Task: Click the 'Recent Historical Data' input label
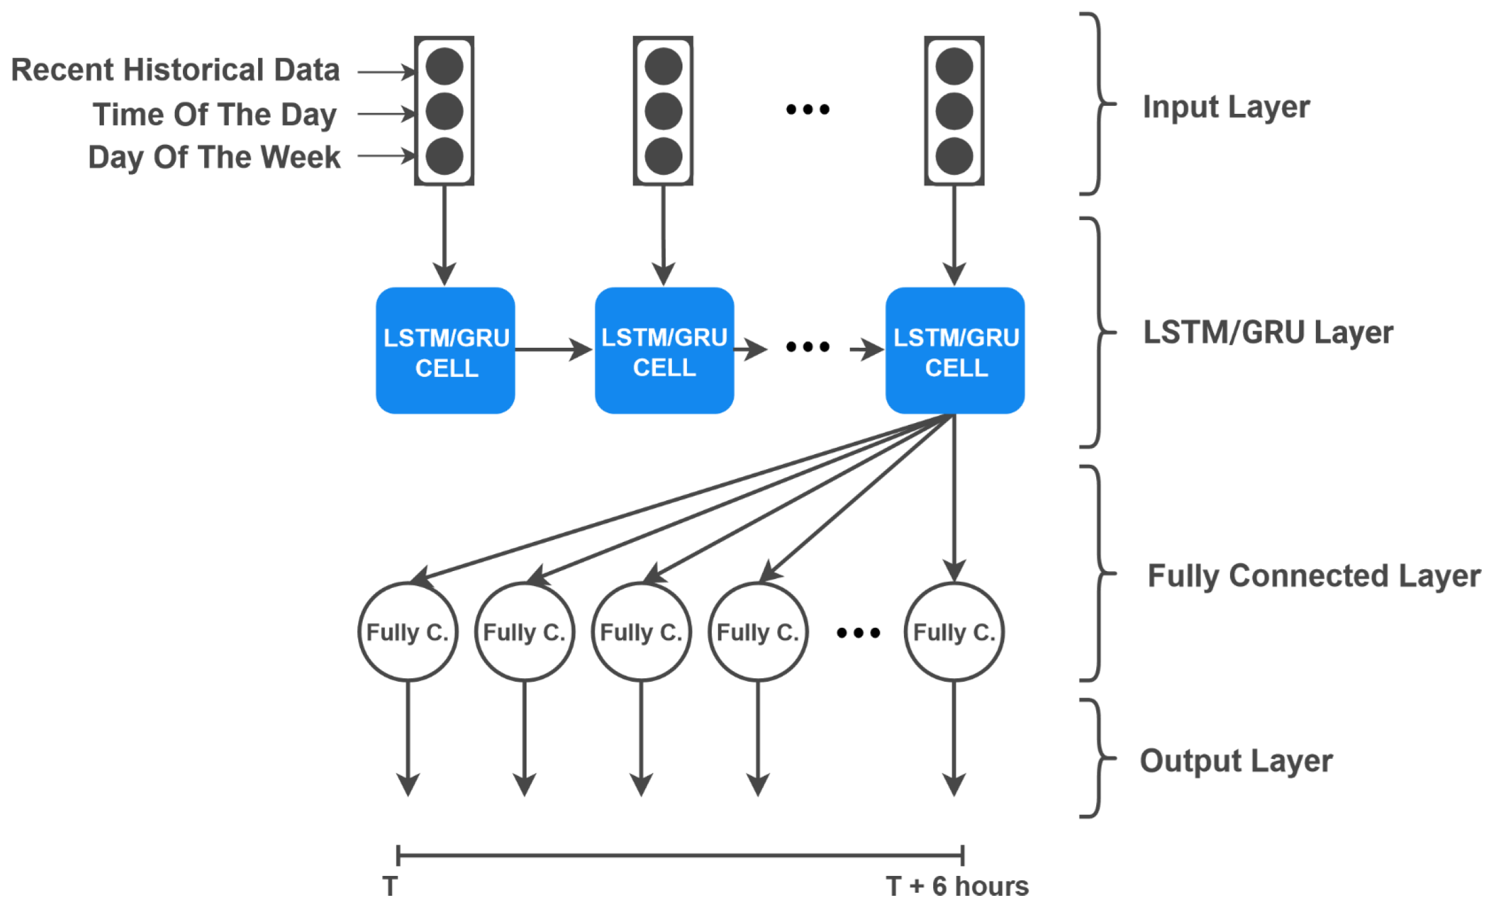[x=175, y=70]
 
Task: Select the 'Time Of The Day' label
[x=215, y=114]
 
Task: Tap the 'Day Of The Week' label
[x=214, y=157]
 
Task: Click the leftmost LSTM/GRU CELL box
[x=445, y=351]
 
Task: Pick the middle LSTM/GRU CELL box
[x=664, y=351]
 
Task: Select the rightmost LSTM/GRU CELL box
[x=955, y=351]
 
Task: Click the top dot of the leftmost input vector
[x=444, y=67]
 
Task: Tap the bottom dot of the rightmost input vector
[x=954, y=156]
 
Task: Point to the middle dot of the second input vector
[x=663, y=111]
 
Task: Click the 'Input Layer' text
[x=1226, y=107]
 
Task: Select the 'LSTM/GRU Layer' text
[x=1268, y=332]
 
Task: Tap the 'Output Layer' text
[x=1236, y=760]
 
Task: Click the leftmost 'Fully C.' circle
[x=407, y=632]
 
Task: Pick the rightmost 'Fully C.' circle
[x=954, y=632]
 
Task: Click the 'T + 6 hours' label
[x=957, y=886]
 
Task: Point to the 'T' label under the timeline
[x=390, y=886]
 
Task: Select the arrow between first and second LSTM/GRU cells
[x=552, y=350]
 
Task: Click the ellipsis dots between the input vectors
[x=808, y=109]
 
